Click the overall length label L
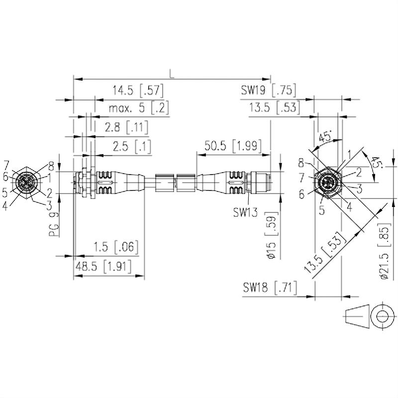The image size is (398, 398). tap(172, 74)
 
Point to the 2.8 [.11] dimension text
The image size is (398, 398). tap(126, 127)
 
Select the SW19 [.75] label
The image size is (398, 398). tap(269, 91)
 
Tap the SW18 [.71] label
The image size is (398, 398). tap(270, 288)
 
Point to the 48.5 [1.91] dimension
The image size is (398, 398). tap(103, 267)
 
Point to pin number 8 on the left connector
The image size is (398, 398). tap(51, 166)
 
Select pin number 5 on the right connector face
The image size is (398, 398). tap(321, 209)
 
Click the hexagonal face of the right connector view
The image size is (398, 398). tap(327, 183)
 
